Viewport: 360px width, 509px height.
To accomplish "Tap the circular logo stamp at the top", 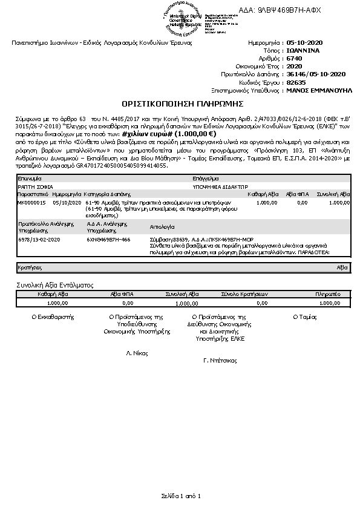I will tap(187, 19).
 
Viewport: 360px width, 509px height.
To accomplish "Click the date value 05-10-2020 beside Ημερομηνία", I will tap(307, 44).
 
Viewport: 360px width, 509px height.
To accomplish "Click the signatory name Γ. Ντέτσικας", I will tap(220, 360).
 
